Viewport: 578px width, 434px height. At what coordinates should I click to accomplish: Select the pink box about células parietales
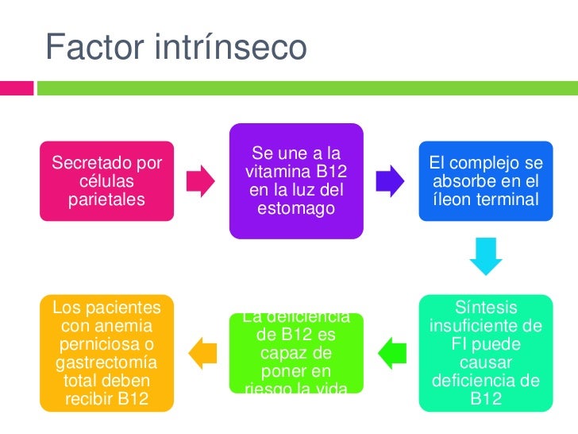(x=107, y=181)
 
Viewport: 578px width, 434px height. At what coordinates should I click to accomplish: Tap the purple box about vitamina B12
(x=296, y=181)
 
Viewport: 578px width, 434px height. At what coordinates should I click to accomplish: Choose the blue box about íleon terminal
(x=486, y=181)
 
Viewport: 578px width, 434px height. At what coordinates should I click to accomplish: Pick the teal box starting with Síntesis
(x=486, y=352)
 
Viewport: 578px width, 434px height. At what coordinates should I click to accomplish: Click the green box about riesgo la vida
(x=296, y=352)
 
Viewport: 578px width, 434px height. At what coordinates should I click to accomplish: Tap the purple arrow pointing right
(x=389, y=181)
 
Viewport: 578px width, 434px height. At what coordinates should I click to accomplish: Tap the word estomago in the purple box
(x=296, y=209)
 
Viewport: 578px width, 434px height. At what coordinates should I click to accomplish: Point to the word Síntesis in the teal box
(x=486, y=308)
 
